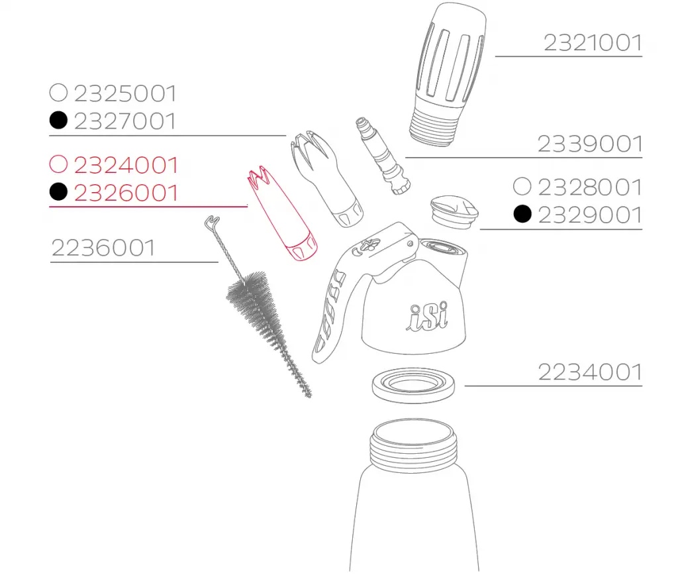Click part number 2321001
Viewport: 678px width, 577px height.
(593, 43)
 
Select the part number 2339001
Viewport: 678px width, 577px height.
(590, 144)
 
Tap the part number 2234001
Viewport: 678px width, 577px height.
(590, 372)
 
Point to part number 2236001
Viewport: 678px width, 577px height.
(103, 248)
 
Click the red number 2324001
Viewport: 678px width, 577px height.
(126, 165)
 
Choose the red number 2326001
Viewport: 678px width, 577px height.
(126, 193)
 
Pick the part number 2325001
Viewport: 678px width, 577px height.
(125, 93)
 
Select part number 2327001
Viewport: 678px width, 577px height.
(125, 121)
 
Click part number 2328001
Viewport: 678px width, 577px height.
(590, 187)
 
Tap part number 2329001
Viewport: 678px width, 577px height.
(590, 215)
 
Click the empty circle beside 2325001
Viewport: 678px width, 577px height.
(58, 93)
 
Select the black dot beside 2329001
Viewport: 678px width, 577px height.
(522, 214)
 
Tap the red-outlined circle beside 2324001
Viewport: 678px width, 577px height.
(58, 164)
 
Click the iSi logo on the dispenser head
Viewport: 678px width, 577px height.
(427, 316)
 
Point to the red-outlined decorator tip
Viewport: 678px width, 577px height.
(282, 213)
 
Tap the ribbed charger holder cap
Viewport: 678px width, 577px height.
(448, 74)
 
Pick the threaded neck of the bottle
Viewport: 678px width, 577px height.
(414, 446)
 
